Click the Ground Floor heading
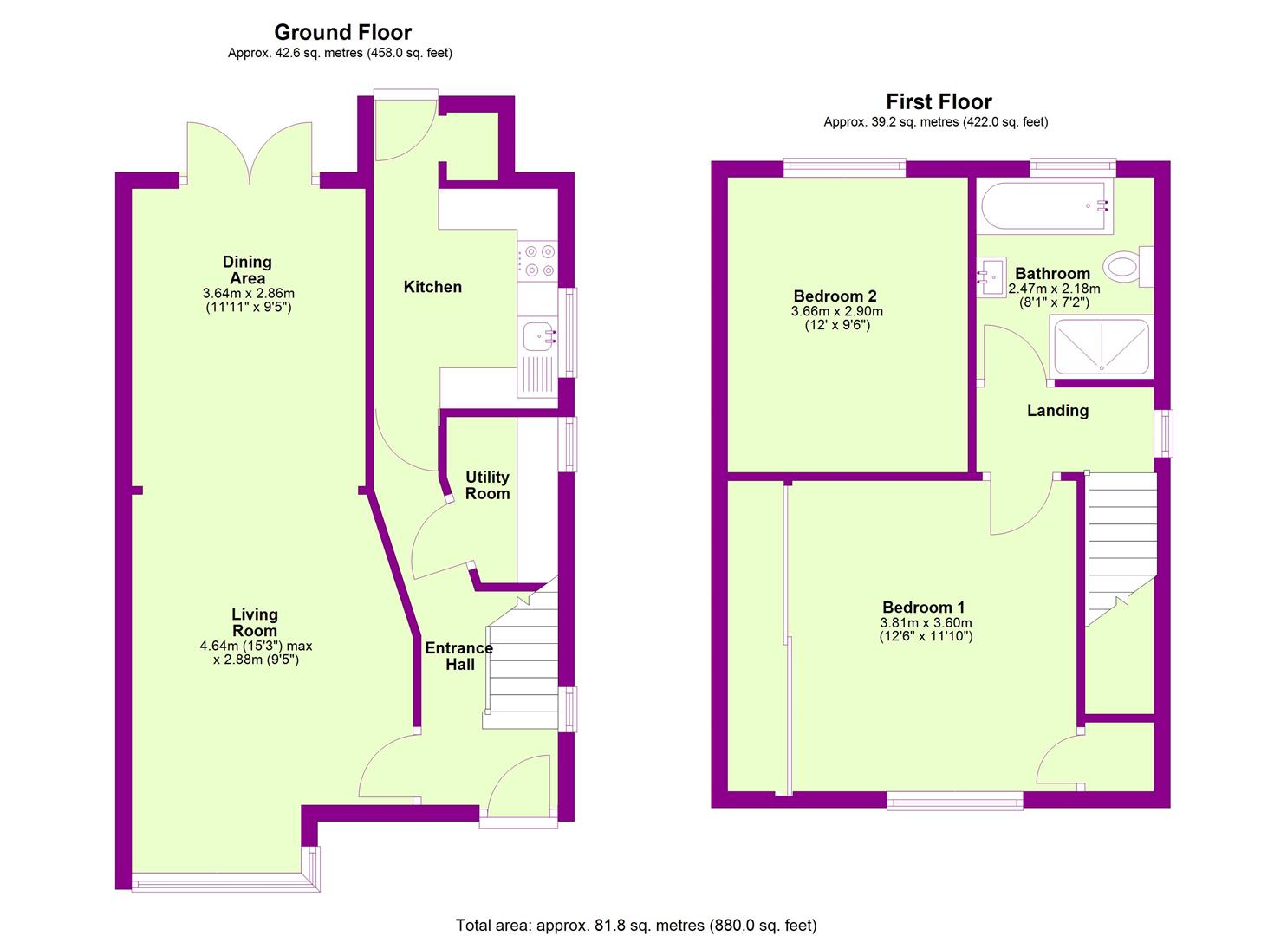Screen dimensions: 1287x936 343,32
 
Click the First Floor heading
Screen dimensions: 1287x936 939,101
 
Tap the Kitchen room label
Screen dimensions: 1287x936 432,287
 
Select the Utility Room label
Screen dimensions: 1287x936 487,485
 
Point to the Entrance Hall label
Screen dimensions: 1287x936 459,656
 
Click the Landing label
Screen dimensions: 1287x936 1057,410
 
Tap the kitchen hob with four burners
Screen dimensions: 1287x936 537,261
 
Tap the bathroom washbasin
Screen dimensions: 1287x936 991,276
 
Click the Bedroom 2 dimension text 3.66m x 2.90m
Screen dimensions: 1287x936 836,311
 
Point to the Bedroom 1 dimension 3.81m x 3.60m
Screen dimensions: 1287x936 926,623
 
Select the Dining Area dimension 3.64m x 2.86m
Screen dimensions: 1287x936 248,293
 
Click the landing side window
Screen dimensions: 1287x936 1163,433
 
